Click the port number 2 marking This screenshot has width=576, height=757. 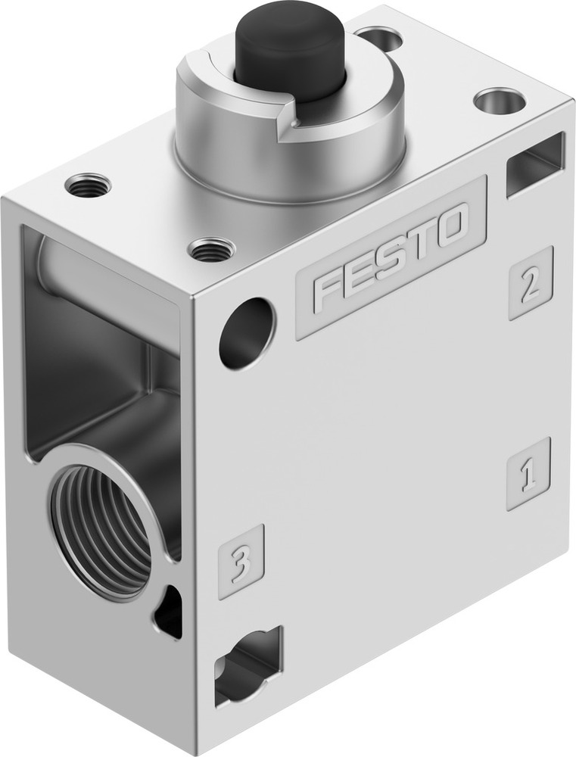tap(531, 283)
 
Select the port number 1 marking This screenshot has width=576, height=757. tap(528, 474)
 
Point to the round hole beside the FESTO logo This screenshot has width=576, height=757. tap(247, 333)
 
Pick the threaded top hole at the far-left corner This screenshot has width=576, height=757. tap(88, 184)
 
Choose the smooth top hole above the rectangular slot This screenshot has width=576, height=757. tap(500, 100)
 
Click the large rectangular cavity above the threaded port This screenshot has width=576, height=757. tap(98, 348)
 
